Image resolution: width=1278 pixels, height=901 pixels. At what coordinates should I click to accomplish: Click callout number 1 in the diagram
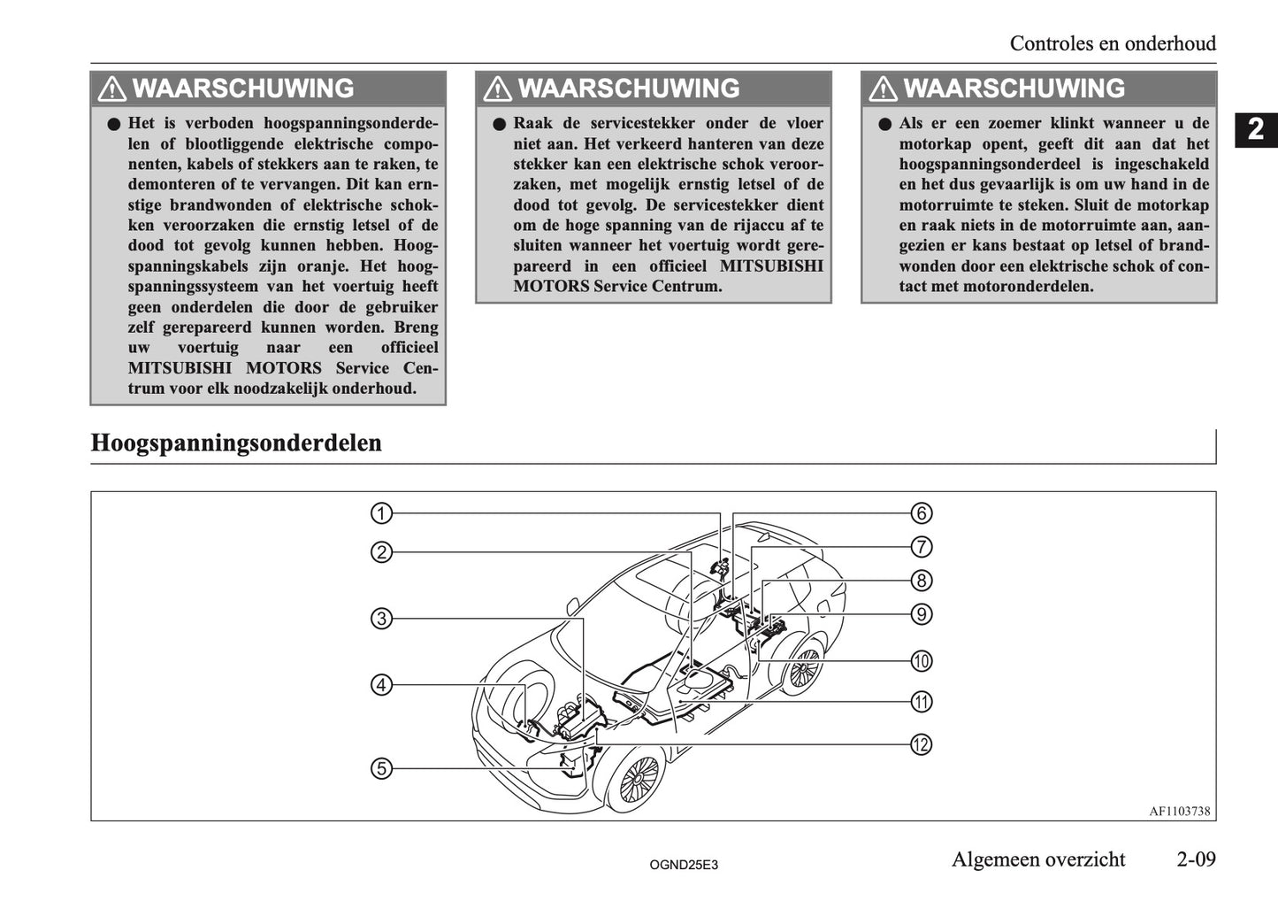click(381, 513)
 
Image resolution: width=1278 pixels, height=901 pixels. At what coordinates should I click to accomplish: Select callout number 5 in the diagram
click(381, 768)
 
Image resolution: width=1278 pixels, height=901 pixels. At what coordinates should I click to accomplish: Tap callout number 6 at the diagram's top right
click(922, 513)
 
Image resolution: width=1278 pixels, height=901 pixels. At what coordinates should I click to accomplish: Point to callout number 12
click(922, 744)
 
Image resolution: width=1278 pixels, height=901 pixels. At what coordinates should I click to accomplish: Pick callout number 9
click(922, 614)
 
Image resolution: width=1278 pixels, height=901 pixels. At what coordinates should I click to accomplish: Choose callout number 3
click(381, 619)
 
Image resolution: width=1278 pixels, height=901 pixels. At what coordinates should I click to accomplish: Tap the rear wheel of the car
click(802, 669)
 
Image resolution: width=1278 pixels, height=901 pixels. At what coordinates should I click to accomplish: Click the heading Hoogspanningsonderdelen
click(236, 443)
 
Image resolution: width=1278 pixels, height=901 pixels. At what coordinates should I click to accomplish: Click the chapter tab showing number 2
click(1256, 130)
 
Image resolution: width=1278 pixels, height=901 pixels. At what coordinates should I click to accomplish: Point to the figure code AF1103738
click(1179, 811)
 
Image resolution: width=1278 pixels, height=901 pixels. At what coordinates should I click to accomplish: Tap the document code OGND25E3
click(684, 864)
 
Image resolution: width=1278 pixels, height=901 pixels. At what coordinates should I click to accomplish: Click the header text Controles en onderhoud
click(1113, 43)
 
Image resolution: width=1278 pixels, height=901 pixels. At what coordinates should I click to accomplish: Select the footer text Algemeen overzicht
click(1038, 859)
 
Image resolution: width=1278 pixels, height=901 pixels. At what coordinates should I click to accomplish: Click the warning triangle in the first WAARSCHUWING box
click(112, 89)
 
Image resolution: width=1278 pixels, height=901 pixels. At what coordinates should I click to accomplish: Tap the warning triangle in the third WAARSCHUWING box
click(883, 89)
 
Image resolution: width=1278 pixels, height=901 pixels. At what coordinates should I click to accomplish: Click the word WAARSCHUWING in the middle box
click(628, 89)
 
